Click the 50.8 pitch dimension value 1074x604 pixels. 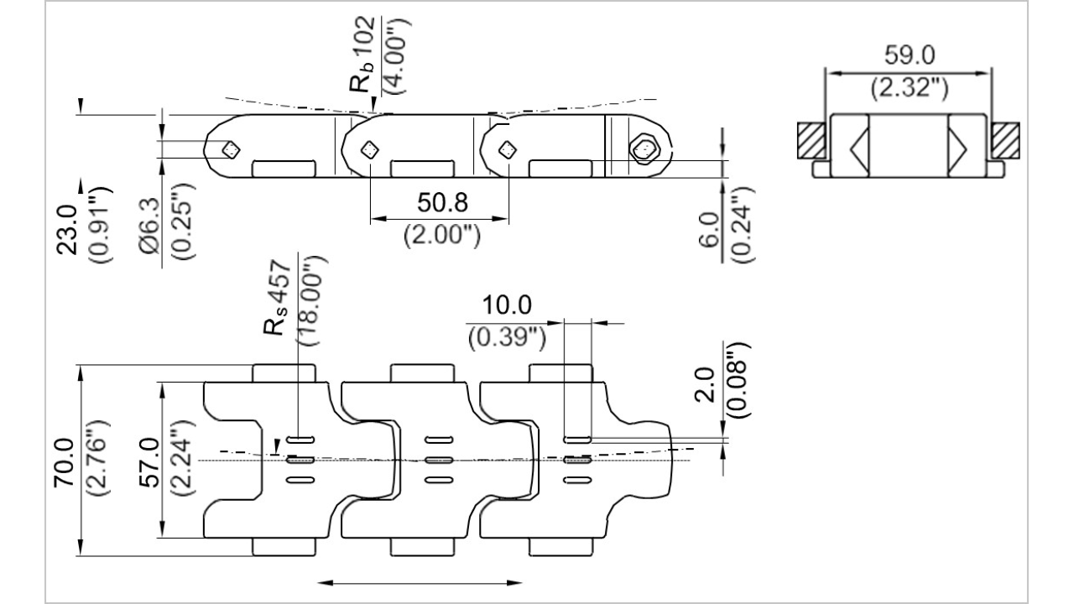442,202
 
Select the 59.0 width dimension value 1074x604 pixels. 909,55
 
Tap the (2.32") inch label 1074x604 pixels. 909,89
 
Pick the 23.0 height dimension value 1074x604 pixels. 67,230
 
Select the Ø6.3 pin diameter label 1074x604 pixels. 149,226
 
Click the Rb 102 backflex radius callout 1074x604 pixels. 362,55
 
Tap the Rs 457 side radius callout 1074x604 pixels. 277,297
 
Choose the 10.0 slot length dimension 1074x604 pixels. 507,305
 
